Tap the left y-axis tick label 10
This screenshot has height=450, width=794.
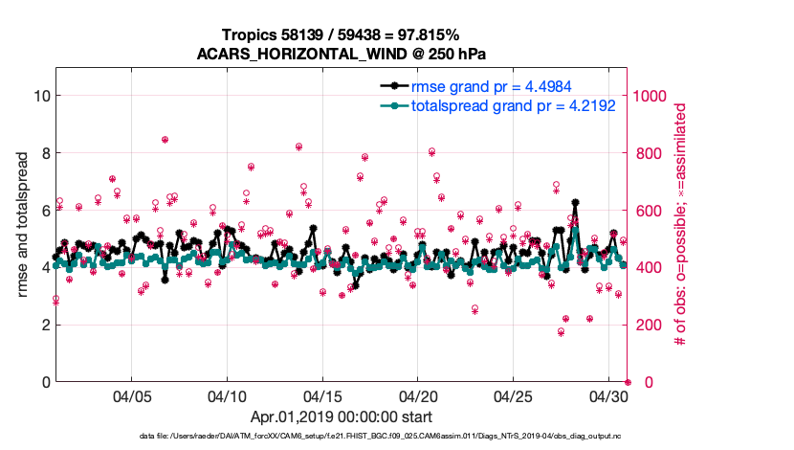click(41, 96)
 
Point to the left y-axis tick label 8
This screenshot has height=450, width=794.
click(45, 153)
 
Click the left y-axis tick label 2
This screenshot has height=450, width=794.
click(45, 325)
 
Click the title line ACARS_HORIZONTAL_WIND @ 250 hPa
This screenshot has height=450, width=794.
click(342, 54)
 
